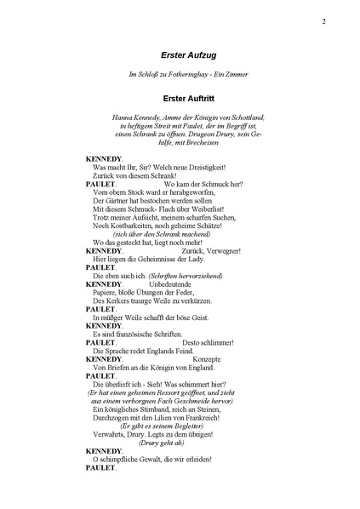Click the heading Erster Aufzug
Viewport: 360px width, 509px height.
point(179,55)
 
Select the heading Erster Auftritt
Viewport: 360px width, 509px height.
point(179,99)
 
